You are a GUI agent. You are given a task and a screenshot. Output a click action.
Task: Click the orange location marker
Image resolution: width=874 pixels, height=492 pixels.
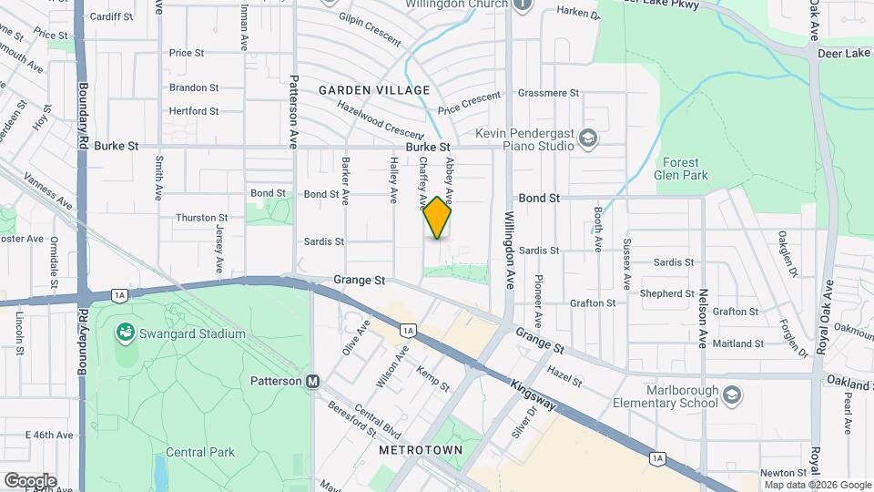438,218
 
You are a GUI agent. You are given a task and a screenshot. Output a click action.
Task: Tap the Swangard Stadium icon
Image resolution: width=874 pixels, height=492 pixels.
124,333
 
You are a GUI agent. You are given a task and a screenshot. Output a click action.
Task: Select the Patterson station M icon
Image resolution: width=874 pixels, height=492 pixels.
312,381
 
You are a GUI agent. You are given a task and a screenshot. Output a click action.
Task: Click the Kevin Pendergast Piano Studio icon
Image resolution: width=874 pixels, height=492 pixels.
588,138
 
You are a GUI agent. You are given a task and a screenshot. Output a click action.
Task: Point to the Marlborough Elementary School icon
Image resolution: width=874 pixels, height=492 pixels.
733,395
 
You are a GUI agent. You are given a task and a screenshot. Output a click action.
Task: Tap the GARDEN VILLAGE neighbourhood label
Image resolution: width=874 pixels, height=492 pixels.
374,90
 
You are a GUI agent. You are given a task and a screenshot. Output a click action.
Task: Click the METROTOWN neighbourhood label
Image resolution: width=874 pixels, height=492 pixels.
421,450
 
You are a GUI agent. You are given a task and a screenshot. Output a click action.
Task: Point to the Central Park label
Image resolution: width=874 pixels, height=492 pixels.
200,452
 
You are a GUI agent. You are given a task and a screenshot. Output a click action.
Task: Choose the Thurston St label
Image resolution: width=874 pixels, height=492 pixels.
201,218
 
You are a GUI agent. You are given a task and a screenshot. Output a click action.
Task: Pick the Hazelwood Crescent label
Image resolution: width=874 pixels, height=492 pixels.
381,119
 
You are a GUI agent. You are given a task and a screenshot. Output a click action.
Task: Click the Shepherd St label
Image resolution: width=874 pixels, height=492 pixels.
667,293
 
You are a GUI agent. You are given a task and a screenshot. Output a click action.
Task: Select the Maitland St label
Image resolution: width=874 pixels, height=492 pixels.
738,343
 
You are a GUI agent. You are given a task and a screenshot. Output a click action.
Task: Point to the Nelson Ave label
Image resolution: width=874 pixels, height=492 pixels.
703,319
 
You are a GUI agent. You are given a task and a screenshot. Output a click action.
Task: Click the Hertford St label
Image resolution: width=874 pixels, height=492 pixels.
194,111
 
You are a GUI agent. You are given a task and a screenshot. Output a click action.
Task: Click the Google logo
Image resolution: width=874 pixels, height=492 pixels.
30,481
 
